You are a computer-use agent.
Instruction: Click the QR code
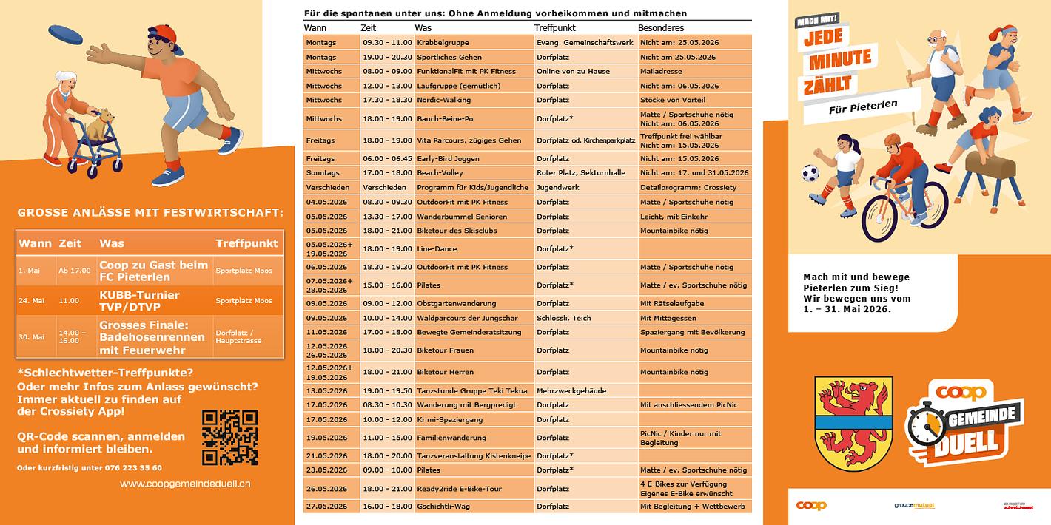229,438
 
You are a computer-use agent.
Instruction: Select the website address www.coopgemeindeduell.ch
185,484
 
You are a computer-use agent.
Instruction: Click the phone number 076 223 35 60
136,467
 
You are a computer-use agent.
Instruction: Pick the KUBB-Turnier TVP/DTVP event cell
139,300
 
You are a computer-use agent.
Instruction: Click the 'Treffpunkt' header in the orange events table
246,243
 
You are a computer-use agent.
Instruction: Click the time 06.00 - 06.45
387,158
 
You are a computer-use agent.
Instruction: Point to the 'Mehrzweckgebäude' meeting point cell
585,390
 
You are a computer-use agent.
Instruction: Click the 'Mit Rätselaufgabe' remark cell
694,304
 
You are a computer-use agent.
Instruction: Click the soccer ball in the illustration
810,174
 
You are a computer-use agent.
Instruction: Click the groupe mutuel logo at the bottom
914,506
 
